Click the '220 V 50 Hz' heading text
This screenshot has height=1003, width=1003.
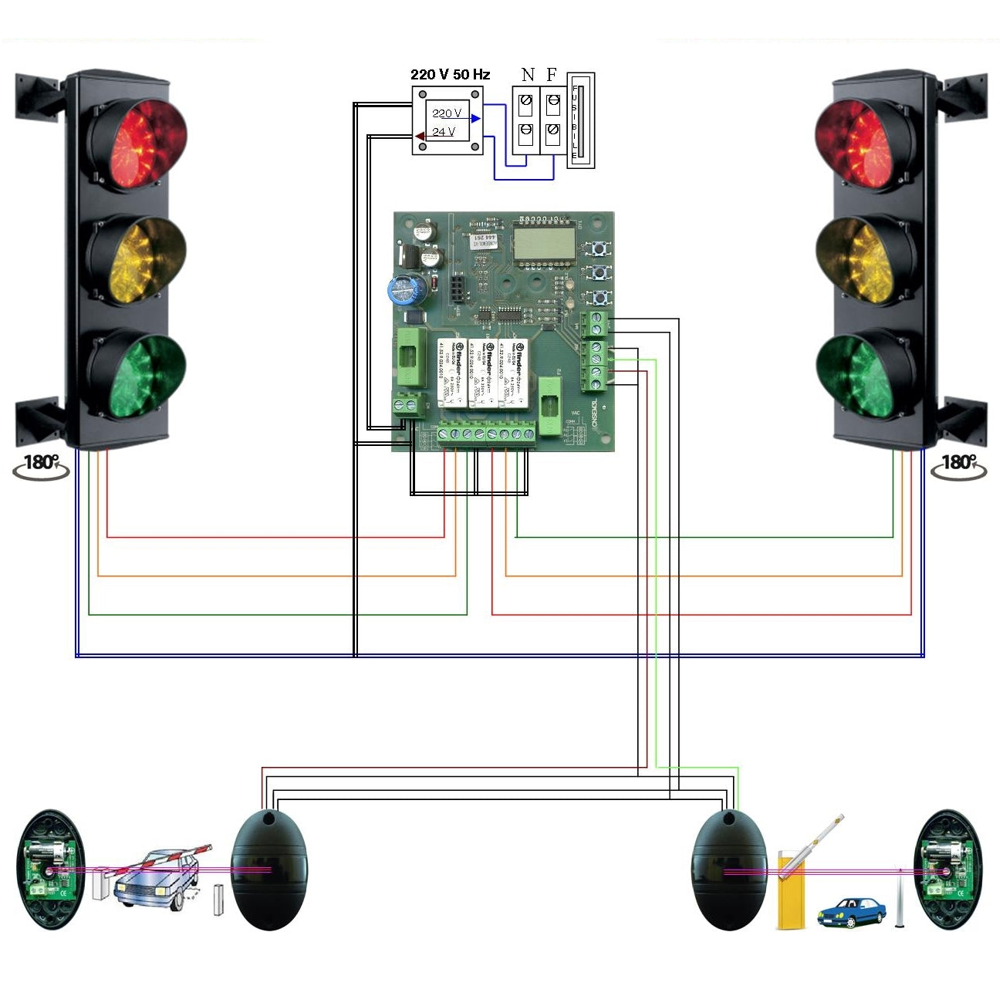(x=450, y=74)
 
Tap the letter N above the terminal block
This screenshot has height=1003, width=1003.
(x=528, y=75)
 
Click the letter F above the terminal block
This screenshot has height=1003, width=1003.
(x=552, y=75)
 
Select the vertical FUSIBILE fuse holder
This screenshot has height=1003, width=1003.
(x=581, y=120)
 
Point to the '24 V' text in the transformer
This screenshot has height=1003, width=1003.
(x=444, y=132)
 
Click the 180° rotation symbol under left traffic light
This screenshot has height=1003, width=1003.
(x=41, y=465)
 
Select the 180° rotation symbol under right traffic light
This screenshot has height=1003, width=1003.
(x=958, y=465)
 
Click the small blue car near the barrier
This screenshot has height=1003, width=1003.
(x=852, y=912)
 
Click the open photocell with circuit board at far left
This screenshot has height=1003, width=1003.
(x=51, y=870)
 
